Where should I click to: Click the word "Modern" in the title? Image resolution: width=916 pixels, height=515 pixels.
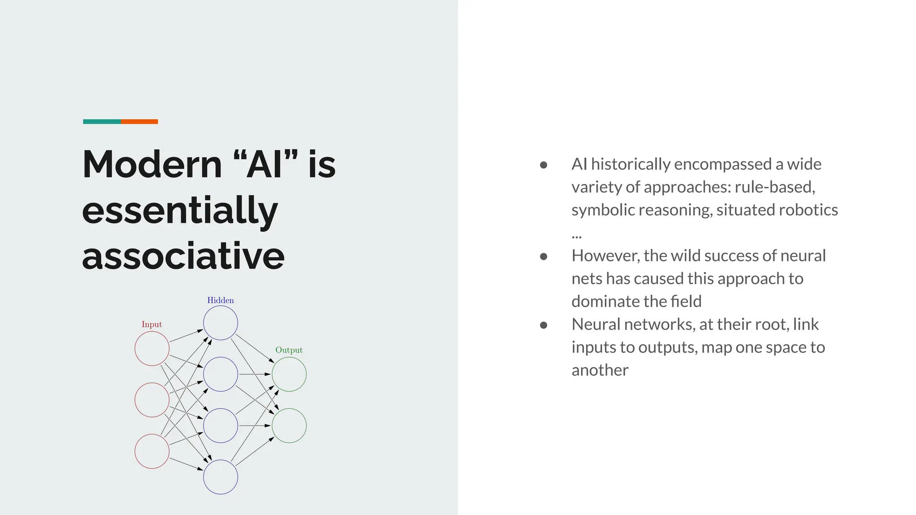(x=152, y=165)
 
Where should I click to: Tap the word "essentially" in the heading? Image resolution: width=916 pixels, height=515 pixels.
(x=180, y=211)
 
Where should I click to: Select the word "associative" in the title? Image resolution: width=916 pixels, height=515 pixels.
(x=183, y=256)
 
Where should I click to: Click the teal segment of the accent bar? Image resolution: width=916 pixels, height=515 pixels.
(x=102, y=122)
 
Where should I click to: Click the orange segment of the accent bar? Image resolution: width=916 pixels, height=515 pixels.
(x=139, y=122)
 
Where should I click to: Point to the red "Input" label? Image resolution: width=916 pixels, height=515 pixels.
(x=152, y=325)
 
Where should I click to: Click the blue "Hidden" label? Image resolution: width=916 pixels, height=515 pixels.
(x=221, y=300)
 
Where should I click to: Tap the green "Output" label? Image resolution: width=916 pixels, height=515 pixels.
(x=289, y=350)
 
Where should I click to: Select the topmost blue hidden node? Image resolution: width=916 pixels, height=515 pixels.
(x=221, y=323)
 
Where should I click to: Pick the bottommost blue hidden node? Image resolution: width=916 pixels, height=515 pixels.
(x=221, y=477)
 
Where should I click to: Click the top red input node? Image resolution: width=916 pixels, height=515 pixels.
(x=152, y=348)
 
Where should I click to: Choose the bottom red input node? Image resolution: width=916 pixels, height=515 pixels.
(x=152, y=452)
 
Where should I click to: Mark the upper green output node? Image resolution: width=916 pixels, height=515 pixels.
(x=289, y=374)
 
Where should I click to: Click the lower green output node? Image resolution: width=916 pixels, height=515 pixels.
(x=289, y=426)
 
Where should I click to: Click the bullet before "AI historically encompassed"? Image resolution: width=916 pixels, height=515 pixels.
(x=544, y=165)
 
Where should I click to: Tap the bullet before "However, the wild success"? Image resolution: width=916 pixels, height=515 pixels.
(x=544, y=256)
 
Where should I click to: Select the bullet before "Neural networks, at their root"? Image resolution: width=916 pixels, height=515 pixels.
(x=544, y=325)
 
